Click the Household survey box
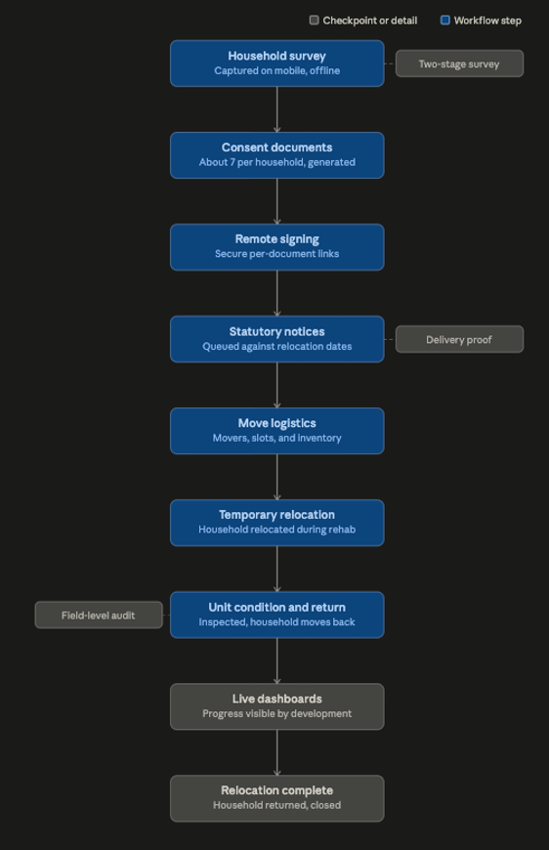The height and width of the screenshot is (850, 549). click(276, 64)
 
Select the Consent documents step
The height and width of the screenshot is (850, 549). click(276, 155)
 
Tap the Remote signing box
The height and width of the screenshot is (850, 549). click(276, 247)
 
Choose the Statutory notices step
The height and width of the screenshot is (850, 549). click(276, 339)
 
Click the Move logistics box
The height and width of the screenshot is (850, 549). click(276, 431)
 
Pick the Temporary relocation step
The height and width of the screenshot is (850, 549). click(276, 523)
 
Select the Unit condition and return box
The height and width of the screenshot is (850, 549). click(276, 615)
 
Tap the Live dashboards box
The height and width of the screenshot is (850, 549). click(276, 706)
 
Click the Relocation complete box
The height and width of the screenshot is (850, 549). click(276, 798)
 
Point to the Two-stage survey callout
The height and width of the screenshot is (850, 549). click(459, 64)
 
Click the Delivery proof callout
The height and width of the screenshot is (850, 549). click(459, 339)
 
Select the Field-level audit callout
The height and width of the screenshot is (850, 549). click(99, 615)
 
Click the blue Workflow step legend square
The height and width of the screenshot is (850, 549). click(444, 21)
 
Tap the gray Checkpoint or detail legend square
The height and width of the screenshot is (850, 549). click(314, 21)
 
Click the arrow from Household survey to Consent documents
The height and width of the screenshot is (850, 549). click(276, 109)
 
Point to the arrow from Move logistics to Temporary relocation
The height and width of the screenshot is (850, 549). click(276, 477)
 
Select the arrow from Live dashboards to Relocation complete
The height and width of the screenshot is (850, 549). click(276, 752)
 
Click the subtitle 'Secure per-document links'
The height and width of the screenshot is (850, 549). click(276, 254)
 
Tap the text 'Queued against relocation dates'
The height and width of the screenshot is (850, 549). click(276, 346)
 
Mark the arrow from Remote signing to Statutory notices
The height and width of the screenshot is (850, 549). click(276, 293)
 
